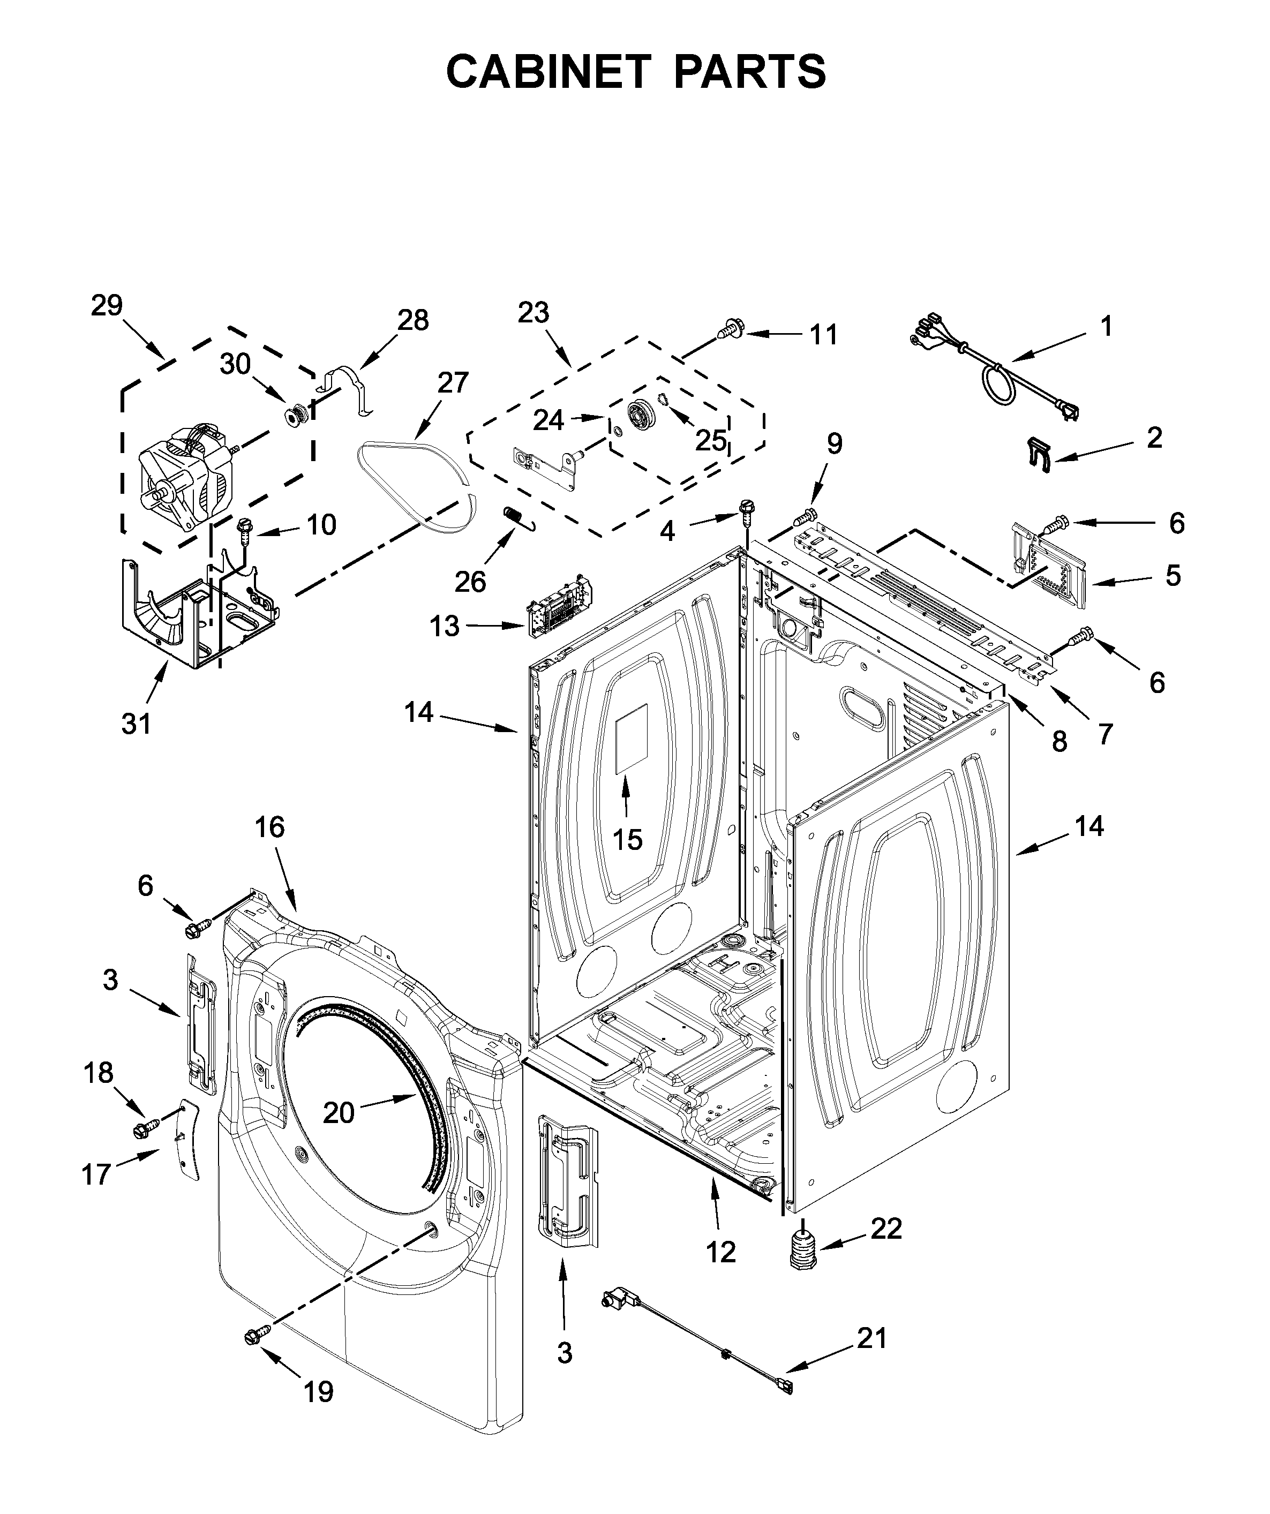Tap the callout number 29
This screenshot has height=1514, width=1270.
click(x=107, y=306)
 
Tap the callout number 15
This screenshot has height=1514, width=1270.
click(x=627, y=839)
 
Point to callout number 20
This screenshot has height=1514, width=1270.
click(x=338, y=1112)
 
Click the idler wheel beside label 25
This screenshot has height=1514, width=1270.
click(x=639, y=416)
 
